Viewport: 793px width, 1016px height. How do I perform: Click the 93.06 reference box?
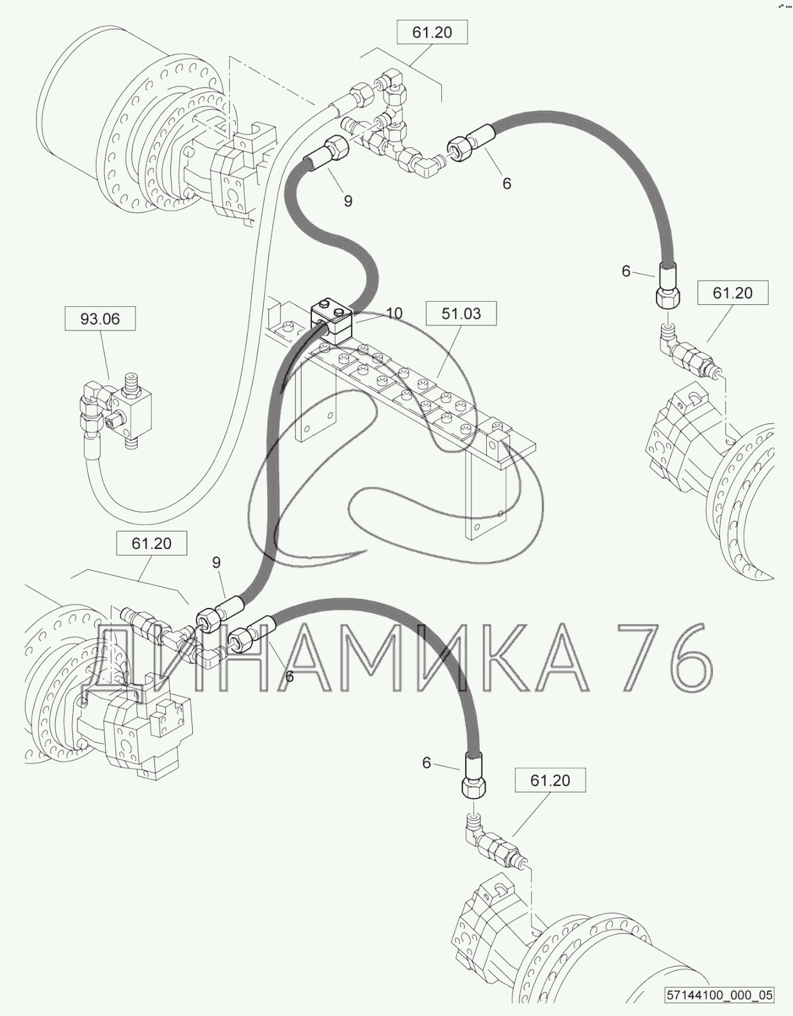(100, 318)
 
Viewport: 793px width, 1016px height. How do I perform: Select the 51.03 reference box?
(461, 313)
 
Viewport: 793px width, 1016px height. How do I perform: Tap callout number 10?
(395, 313)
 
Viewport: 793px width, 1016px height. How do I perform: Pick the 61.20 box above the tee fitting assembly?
(432, 32)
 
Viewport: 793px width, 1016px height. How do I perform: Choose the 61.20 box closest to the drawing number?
(550, 780)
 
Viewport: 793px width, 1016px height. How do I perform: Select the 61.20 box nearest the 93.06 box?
(151, 543)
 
